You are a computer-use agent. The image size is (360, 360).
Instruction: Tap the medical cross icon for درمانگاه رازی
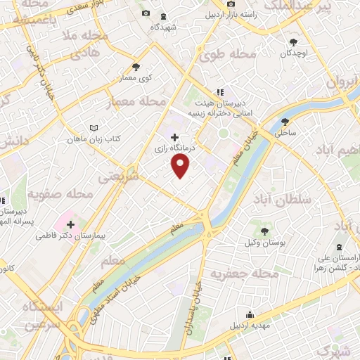(174, 137)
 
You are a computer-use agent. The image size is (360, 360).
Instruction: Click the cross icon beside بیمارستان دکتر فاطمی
(70, 224)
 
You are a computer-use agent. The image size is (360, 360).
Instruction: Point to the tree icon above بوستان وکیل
(264, 231)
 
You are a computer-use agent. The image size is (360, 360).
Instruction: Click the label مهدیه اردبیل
(249, 327)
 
